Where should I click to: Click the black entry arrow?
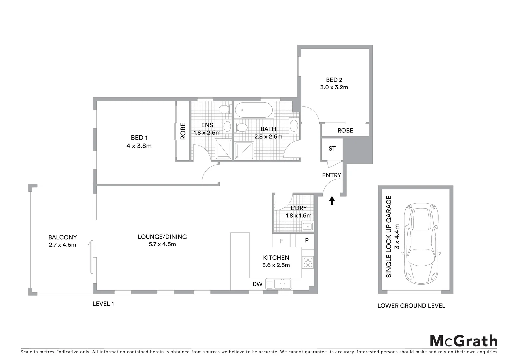[332, 200]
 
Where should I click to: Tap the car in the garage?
[421, 244]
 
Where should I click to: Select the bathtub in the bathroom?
[254, 110]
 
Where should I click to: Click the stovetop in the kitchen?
[308, 262]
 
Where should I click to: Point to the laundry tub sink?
[308, 227]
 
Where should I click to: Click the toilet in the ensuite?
[225, 109]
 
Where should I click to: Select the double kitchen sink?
[282, 284]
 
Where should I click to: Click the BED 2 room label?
[334, 80]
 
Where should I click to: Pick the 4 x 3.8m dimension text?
[139, 146]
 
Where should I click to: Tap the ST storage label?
[332, 149]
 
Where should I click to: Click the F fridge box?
[281, 240]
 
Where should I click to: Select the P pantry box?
[307, 240]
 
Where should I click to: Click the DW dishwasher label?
[257, 284]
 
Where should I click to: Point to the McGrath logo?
[463, 341]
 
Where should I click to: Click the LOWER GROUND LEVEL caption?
[411, 306]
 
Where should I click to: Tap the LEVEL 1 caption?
[103, 304]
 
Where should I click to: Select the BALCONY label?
[63, 237]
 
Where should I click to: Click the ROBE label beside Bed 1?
[183, 131]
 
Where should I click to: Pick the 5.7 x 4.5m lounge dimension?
[162, 244]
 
